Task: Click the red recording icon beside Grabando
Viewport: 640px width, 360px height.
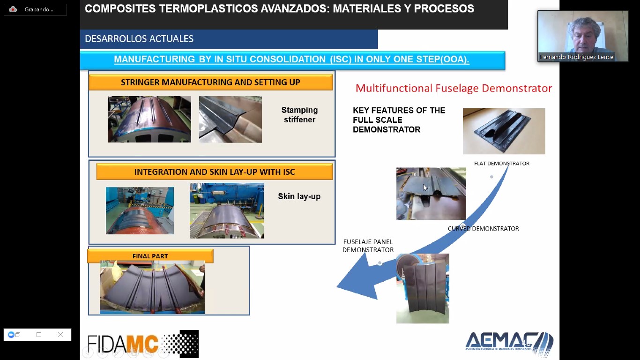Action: pyautogui.click(x=13, y=9)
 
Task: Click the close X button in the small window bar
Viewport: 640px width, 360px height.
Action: pyautogui.click(x=60, y=335)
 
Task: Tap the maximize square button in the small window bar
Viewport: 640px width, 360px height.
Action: pyautogui.click(x=39, y=335)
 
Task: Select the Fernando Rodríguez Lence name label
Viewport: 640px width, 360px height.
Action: pyautogui.click(x=576, y=57)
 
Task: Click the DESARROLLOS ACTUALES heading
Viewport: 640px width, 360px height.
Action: pyautogui.click(x=139, y=38)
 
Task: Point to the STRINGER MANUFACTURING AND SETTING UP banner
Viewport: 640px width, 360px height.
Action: pyautogui.click(x=210, y=82)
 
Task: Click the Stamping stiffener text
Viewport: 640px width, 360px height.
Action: pyautogui.click(x=299, y=115)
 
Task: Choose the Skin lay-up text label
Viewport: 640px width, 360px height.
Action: pyautogui.click(x=299, y=196)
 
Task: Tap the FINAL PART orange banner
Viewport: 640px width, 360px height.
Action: pyautogui.click(x=150, y=256)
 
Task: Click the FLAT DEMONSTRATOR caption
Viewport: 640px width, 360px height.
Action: pyautogui.click(x=502, y=164)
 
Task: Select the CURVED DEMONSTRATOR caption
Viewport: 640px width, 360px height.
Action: pyautogui.click(x=483, y=228)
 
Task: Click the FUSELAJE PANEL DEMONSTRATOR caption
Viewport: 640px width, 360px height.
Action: pyautogui.click(x=368, y=246)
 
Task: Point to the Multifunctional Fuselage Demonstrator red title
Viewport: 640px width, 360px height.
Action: pyautogui.click(x=454, y=88)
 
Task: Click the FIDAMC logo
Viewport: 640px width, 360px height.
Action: pyautogui.click(x=143, y=344)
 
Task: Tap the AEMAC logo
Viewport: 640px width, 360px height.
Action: pyautogui.click(x=509, y=344)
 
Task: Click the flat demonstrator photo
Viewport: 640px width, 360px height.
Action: pyautogui.click(x=504, y=131)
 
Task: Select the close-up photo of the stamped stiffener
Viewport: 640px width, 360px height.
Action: pyautogui.click(x=231, y=120)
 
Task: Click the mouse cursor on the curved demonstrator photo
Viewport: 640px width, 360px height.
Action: pyautogui.click(x=425, y=187)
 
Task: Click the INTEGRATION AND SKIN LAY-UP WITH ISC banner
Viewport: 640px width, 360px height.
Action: pyautogui.click(x=215, y=172)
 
